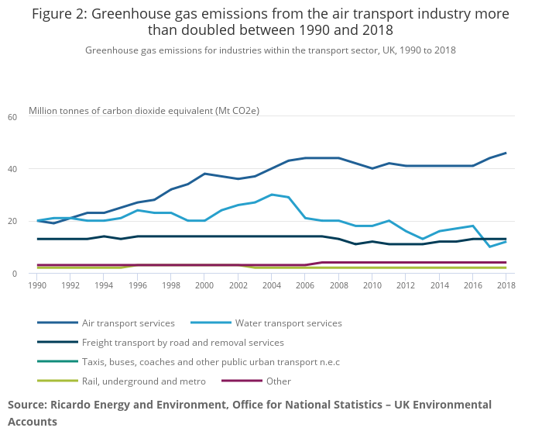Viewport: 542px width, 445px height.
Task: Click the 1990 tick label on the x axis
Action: (x=36, y=286)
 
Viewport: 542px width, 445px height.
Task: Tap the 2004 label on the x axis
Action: (x=271, y=286)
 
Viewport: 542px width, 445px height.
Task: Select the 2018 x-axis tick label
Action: (x=506, y=286)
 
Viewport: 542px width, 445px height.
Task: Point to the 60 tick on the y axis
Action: (x=12, y=117)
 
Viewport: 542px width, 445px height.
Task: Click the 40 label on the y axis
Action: (x=12, y=169)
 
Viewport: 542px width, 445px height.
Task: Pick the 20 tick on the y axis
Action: (x=12, y=221)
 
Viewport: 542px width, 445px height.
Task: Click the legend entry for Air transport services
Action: (x=128, y=323)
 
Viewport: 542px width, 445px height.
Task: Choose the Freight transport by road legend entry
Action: (x=183, y=342)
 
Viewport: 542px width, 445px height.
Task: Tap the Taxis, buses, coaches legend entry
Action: (x=211, y=361)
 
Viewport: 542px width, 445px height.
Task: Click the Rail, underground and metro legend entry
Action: (x=143, y=381)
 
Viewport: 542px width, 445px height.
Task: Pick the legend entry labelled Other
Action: (x=278, y=381)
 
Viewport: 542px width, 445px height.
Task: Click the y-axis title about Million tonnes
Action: (x=144, y=110)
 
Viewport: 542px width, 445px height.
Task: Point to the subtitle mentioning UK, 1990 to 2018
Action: (x=270, y=50)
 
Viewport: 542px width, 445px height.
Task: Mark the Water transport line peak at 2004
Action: (x=271, y=195)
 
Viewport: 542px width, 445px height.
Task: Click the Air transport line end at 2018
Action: (x=506, y=153)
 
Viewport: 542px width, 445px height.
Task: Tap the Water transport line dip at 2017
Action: (x=489, y=247)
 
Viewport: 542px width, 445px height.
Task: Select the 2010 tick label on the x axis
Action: (x=372, y=286)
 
